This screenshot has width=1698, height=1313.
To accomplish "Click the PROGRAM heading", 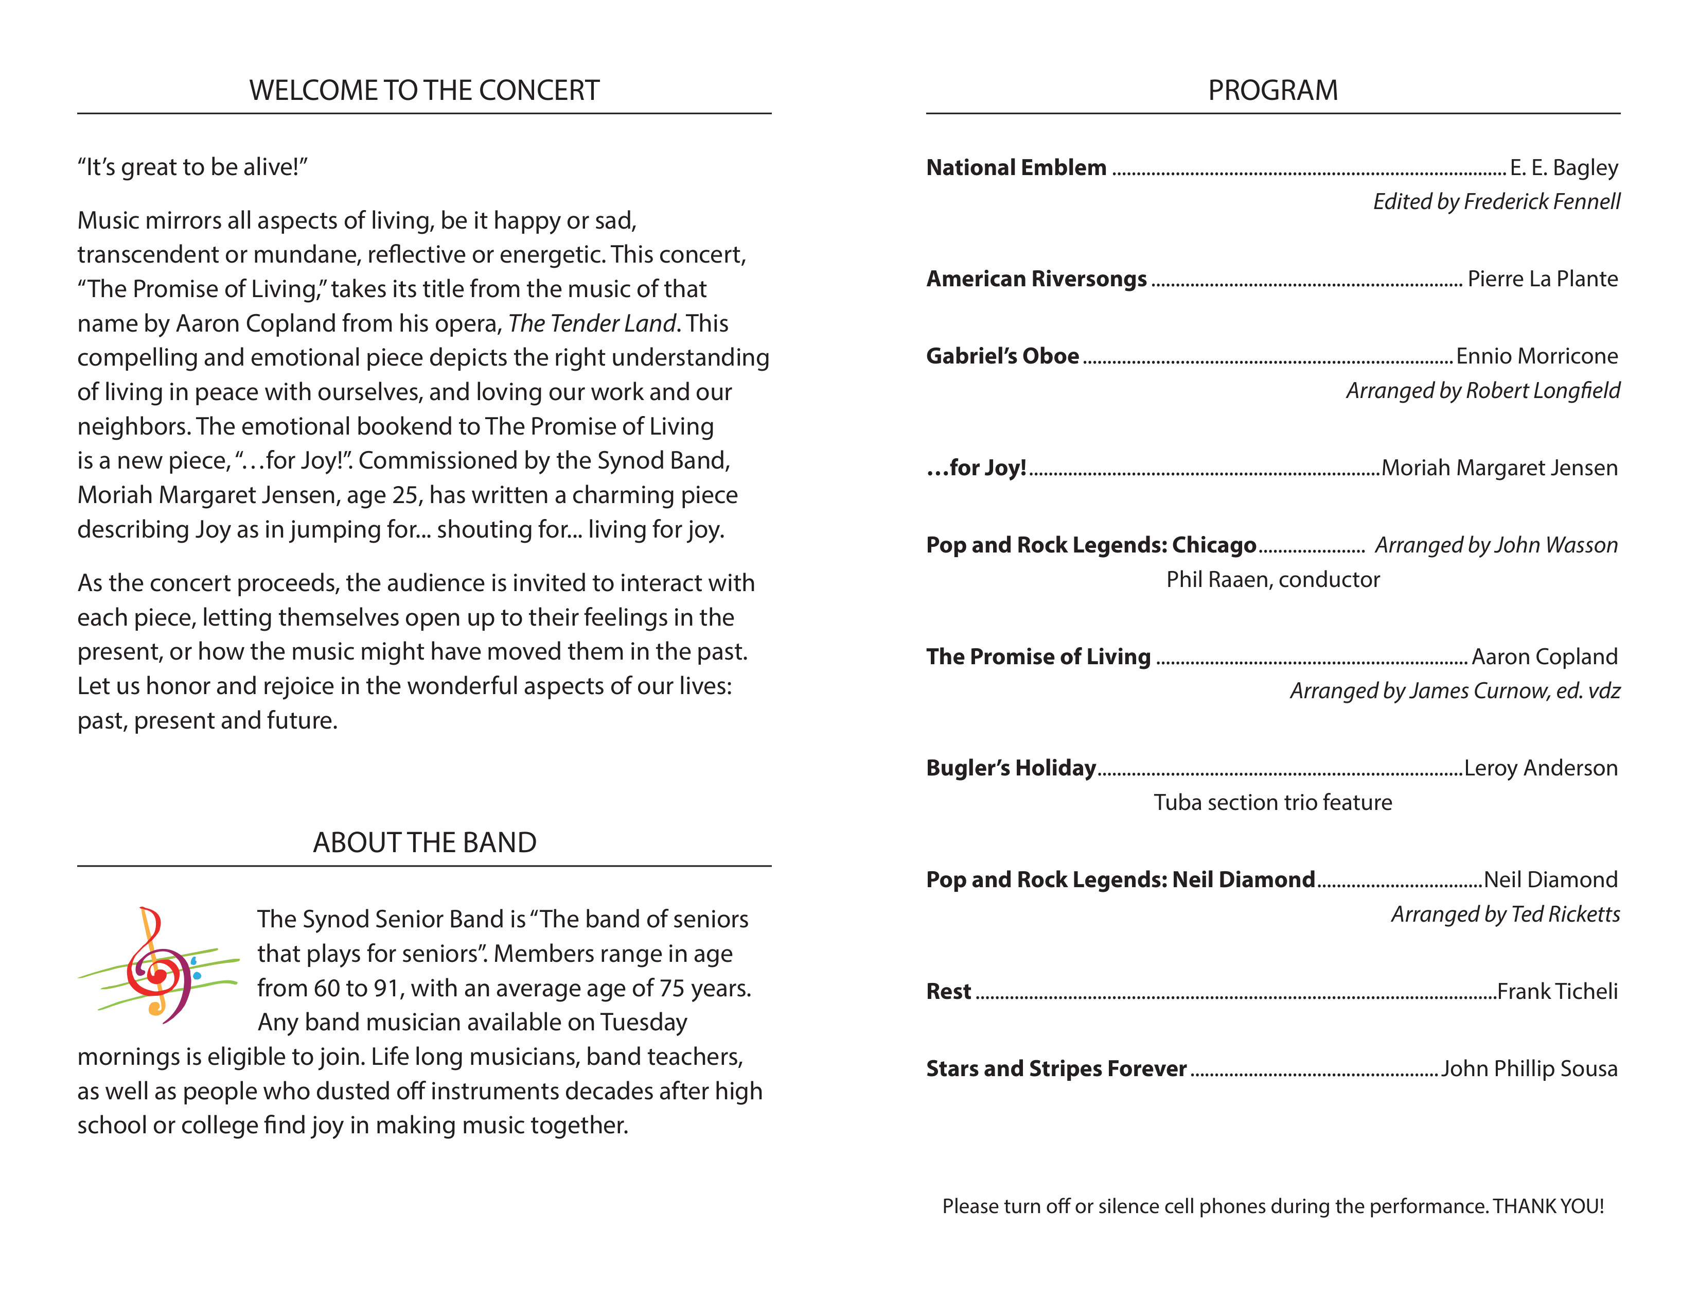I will [x=1272, y=90].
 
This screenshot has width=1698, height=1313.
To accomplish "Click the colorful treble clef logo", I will [x=158, y=964].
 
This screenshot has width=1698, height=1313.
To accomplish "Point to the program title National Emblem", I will [x=1016, y=168].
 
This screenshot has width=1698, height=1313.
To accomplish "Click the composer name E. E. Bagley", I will [x=1564, y=168].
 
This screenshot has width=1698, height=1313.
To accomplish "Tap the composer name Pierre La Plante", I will [x=1543, y=279].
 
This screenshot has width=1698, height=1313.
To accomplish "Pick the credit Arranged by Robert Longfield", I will [x=1482, y=390].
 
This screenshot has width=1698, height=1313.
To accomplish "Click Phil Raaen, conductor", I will [x=1272, y=579].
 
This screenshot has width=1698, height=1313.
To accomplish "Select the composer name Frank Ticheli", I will [x=1558, y=992].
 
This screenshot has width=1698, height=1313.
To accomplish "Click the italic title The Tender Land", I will [x=592, y=323].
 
